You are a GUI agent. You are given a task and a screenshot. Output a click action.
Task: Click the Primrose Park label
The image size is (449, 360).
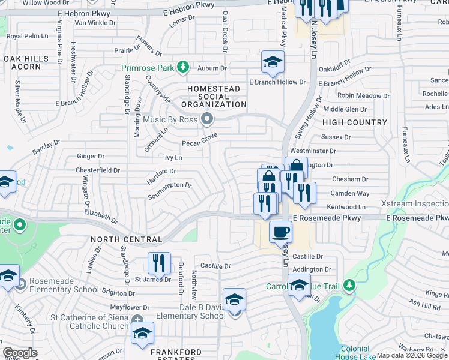(x=148, y=68)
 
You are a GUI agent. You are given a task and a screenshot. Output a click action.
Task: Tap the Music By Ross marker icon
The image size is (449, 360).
(x=208, y=119)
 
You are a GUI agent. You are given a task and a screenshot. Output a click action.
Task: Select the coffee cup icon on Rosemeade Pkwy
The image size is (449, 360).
(x=279, y=231)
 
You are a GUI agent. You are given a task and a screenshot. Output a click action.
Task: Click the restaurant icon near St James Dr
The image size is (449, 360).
(x=159, y=263)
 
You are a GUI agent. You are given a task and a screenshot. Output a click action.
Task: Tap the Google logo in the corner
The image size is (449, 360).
(x=20, y=353)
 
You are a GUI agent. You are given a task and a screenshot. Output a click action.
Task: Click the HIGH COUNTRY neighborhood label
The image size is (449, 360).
(x=355, y=122)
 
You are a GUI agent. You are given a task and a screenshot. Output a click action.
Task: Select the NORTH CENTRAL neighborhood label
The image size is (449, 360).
(x=126, y=239)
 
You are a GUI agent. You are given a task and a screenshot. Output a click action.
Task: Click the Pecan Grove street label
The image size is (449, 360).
(x=199, y=143)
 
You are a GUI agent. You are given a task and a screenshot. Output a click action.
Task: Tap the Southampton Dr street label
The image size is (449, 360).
(x=169, y=190)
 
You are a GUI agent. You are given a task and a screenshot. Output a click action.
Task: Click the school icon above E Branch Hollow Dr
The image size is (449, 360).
(x=273, y=62)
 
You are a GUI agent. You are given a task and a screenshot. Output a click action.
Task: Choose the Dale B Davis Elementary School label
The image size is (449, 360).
(x=191, y=311)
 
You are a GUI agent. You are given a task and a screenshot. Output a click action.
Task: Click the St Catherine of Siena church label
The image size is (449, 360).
(x=89, y=322)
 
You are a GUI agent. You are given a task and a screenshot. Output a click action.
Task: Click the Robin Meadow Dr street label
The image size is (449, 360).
(x=363, y=95)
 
